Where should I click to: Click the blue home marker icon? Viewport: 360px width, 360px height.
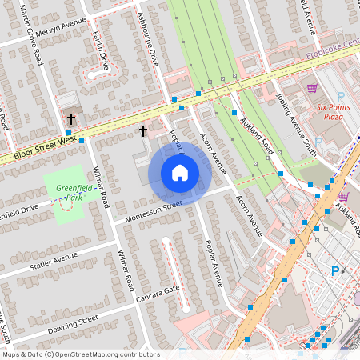pyautogui.click(x=180, y=173)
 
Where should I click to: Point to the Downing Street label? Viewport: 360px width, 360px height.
pyautogui.click(x=73, y=323)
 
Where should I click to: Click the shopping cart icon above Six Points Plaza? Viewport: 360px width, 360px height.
pyautogui.click(x=312, y=88)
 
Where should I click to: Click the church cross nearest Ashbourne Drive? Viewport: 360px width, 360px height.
pyautogui.click(x=144, y=130)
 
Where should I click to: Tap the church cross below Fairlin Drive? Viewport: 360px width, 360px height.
pyautogui.click(x=71, y=118)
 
